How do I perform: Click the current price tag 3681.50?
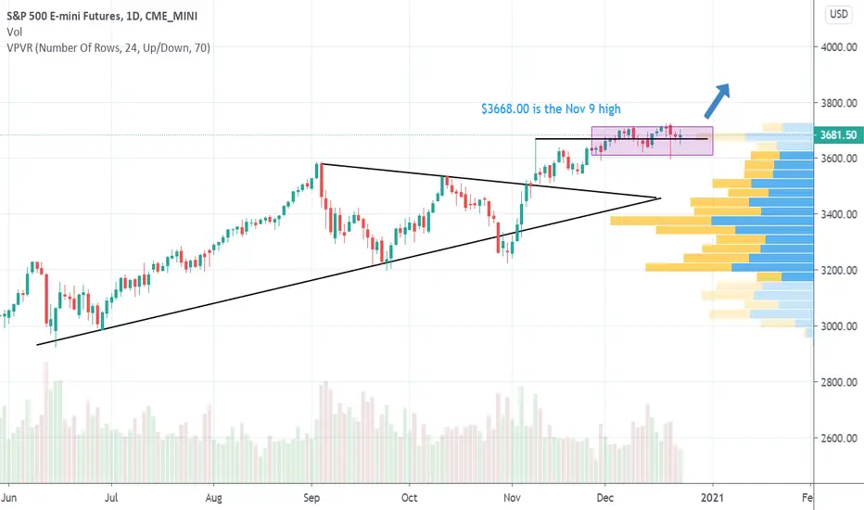click(x=837, y=135)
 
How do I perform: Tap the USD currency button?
click(x=837, y=14)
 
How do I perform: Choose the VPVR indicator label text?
click(x=107, y=47)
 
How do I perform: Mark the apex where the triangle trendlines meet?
click(x=659, y=198)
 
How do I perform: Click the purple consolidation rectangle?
click(x=652, y=140)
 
